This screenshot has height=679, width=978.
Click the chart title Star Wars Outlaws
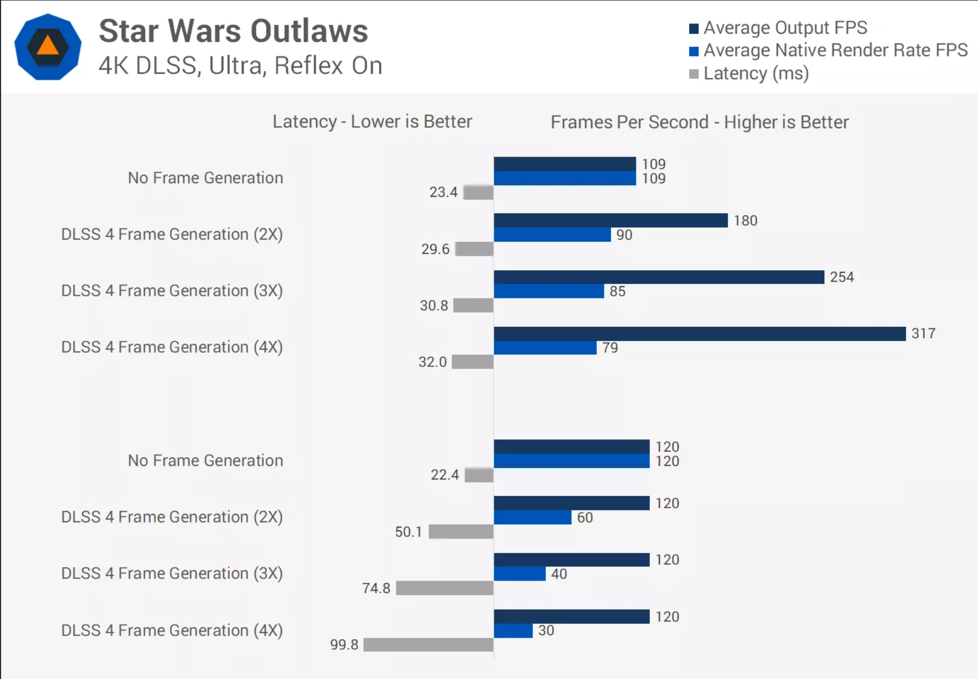[233, 31]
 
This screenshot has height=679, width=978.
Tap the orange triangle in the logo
[48, 46]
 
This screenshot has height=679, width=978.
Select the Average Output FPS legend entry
[778, 28]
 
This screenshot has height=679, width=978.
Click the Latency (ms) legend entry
[749, 73]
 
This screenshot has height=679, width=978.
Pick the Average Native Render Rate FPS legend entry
[828, 51]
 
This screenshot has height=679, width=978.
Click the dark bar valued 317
[700, 334]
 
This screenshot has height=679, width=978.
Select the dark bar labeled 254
[659, 277]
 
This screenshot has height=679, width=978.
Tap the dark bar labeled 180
[610, 220]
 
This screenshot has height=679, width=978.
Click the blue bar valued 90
[552, 235]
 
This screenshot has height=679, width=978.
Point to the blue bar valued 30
[513, 631]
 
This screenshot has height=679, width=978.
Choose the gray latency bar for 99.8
[428, 645]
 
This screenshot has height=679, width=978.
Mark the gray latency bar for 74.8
[444, 588]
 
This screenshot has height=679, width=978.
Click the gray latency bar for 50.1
[461, 532]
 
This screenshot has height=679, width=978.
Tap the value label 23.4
[443, 192]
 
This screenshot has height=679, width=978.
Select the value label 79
[610, 348]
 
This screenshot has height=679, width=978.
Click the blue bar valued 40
[519, 574]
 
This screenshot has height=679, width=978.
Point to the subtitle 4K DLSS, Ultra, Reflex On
[240, 66]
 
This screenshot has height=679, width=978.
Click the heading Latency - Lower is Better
[372, 122]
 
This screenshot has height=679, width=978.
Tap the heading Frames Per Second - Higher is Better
[700, 122]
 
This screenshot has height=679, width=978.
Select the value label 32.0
[432, 362]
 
